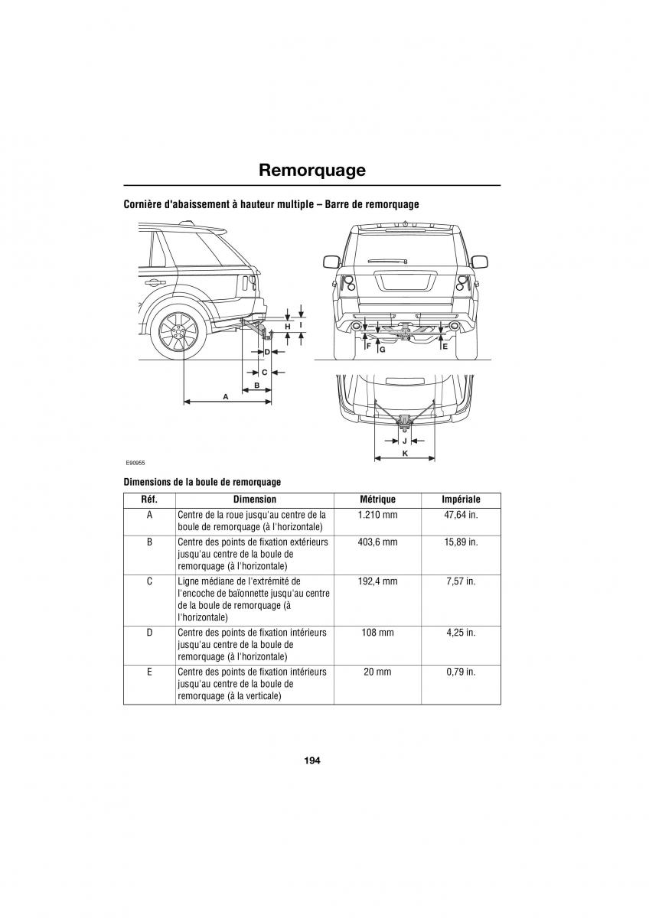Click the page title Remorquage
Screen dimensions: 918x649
click(x=311, y=170)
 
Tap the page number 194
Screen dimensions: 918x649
click(x=311, y=760)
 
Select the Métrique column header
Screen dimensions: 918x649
click(x=377, y=500)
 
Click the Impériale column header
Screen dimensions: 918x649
click(x=461, y=500)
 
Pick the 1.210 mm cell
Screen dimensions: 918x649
click(x=377, y=515)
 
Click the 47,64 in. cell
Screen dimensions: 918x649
click(x=461, y=515)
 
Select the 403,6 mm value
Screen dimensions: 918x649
click(x=377, y=542)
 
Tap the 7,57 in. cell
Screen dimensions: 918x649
click(x=461, y=581)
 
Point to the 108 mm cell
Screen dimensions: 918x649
click(x=377, y=633)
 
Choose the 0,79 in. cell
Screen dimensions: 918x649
click(x=461, y=672)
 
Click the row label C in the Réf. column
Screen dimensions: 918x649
click(x=149, y=581)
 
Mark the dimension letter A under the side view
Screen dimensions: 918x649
click(x=226, y=396)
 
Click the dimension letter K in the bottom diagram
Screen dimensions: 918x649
click(x=404, y=454)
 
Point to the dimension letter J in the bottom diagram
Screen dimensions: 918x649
click(x=404, y=441)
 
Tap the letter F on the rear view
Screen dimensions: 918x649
click(x=368, y=347)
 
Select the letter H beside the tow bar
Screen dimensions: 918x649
click(x=288, y=327)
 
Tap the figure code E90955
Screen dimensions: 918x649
click(x=136, y=463)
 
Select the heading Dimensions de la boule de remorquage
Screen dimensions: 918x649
click(x=202, y=482)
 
